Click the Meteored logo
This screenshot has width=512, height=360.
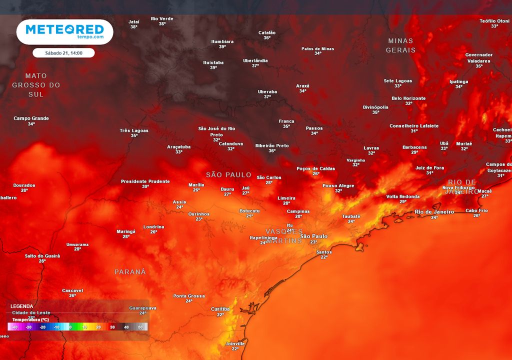click(x=64, y=31)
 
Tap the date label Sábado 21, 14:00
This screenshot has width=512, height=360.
click(x=63, y=52)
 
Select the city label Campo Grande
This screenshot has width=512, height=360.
click(x=31, y=118)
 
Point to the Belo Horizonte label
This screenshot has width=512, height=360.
click(x=408, y=98)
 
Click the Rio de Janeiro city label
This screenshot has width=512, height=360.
click(x=434, y=212)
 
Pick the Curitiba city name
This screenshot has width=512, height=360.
click(x=220, y=309)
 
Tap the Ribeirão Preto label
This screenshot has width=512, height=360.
click(x=272, y=145)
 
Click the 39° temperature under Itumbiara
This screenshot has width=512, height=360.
click(x=222, y=46)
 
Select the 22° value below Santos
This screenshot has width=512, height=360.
click(x=324, y=257)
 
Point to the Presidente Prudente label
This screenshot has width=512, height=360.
click(x=145, y=181)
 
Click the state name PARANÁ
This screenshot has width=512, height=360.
click(x=130, y=272)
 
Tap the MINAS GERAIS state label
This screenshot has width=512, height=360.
click(x=400, y=45)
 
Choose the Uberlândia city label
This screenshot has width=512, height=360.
click(x=255, y=60)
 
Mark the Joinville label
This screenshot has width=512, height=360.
click(x=235, y=343)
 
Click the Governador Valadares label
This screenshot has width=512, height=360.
click(x=478, y=57)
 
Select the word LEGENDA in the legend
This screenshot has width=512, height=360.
click(x=22, y=306)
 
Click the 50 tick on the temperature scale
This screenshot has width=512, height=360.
click(x=140, y=327)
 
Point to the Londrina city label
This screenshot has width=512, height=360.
click(x=153, y=226)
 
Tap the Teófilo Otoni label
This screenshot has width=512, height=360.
click(x=494, y=20)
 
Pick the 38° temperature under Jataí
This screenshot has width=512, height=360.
click(x=133, y=27)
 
